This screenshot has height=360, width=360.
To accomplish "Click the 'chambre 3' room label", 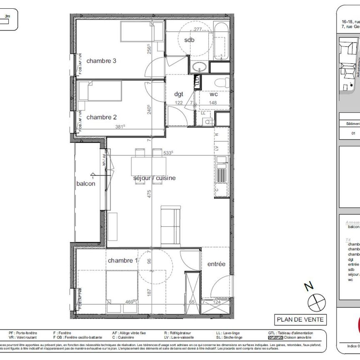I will click(101, 61).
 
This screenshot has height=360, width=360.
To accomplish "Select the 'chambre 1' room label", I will click(122, 260).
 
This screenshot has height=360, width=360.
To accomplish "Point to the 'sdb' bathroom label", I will click(190, 40).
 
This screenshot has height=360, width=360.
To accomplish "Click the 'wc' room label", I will click(213, 94).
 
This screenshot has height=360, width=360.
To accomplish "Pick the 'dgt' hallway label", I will click(179, 94).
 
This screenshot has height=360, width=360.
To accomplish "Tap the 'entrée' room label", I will click(216, 264).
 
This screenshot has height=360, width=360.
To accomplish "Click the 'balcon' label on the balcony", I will click(86, 183).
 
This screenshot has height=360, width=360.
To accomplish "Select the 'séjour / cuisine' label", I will click(154, 178).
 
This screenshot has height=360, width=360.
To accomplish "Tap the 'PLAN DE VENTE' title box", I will click(300, 320).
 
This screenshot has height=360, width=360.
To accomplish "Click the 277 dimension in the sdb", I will click(197, 29).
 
